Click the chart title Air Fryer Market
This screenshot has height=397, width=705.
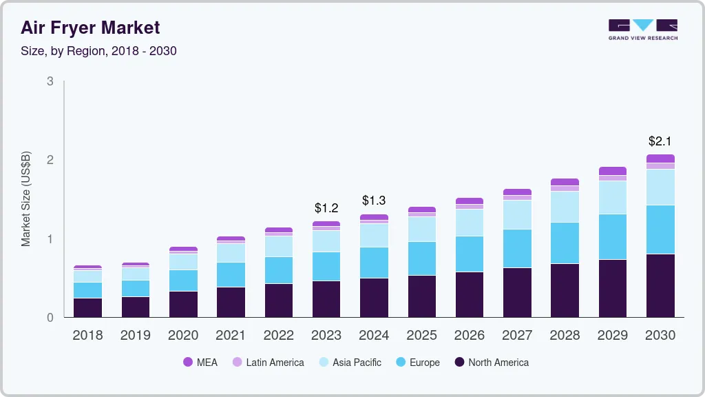[90, 28]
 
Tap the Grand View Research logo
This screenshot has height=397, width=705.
[642, 29]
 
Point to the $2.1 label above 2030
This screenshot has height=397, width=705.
[660, 141]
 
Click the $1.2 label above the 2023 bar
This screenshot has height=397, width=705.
[326, 207]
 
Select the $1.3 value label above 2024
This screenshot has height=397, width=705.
[374, 201]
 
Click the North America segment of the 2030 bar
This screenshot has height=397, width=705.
[660, 285]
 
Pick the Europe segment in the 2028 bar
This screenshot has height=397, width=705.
[565, 243]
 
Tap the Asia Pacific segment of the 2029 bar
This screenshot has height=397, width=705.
[613, 197]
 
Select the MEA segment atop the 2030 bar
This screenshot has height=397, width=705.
[660, 159]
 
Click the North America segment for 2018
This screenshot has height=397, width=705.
[87, 307]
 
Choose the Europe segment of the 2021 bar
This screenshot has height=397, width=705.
[231, 274]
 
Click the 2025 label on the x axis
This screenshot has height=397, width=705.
[421, 336]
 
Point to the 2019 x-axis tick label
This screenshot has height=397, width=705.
[136, 336]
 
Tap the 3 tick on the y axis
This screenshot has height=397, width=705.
[50, 81]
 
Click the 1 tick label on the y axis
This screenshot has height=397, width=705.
[50, 239]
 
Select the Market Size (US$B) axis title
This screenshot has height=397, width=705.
[26, 199]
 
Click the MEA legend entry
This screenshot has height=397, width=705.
[200, 363]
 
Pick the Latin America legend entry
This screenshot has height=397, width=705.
[268, 363]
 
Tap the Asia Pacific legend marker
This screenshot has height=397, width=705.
[323, 363]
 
